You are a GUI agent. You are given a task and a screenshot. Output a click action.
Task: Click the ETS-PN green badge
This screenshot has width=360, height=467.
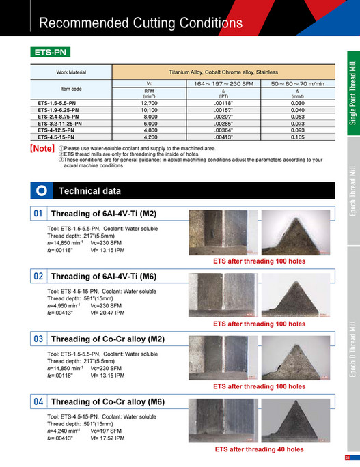point(51,52)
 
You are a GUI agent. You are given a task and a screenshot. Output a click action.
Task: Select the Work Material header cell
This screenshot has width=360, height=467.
point(71,71)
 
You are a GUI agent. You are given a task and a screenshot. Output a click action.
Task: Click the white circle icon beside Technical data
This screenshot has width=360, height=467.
point(41,190)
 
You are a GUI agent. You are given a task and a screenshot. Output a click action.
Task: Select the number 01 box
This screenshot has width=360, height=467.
point(39,214)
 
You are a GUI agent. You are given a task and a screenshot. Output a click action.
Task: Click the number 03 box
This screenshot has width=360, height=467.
point(39,339)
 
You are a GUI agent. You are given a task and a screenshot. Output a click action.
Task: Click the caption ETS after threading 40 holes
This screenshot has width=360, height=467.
point(259,450)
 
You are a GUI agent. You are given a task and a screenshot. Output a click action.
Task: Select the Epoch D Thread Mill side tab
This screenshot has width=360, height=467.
point(352,380)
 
